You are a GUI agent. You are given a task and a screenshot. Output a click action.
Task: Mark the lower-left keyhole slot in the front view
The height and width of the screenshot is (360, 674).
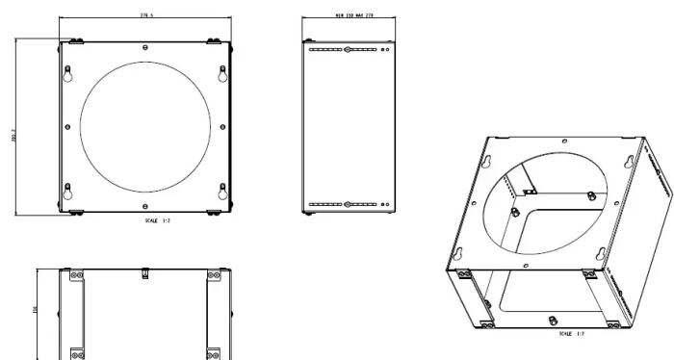[x=67, y=191]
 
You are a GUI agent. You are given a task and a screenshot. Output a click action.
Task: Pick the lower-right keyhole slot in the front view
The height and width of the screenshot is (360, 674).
[x=222, y=191]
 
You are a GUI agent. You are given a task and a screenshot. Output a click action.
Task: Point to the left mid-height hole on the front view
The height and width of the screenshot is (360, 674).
[x=65, y=127]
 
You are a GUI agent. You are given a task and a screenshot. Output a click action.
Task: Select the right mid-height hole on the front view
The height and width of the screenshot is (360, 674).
[x=223, y=127]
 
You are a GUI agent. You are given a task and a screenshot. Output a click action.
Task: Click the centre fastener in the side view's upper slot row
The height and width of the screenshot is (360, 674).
[x=347, y=48]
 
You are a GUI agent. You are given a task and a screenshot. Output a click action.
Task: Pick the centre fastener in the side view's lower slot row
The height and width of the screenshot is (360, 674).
[x=347, y=204]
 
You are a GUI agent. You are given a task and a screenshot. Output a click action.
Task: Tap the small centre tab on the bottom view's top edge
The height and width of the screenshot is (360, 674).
[x=144, y=274]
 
